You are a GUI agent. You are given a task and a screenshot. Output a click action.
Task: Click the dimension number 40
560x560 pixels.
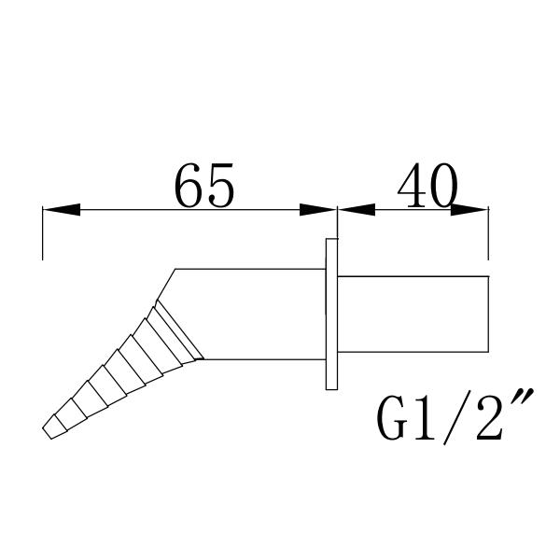[x=427, y=189]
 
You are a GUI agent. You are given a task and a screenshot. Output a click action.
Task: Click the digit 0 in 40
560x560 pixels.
[x=442, y=189]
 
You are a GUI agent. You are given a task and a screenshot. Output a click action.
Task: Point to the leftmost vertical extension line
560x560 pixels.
[x=43, y=233]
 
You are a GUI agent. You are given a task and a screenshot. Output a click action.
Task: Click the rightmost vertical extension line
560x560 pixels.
[x=488, y=233]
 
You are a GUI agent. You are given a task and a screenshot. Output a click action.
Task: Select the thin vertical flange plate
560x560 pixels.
[x=331, y=314]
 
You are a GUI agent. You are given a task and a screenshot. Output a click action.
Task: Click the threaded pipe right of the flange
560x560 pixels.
[x=411, y=315]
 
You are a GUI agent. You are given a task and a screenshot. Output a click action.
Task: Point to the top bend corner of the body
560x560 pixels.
[x=175, y=270]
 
